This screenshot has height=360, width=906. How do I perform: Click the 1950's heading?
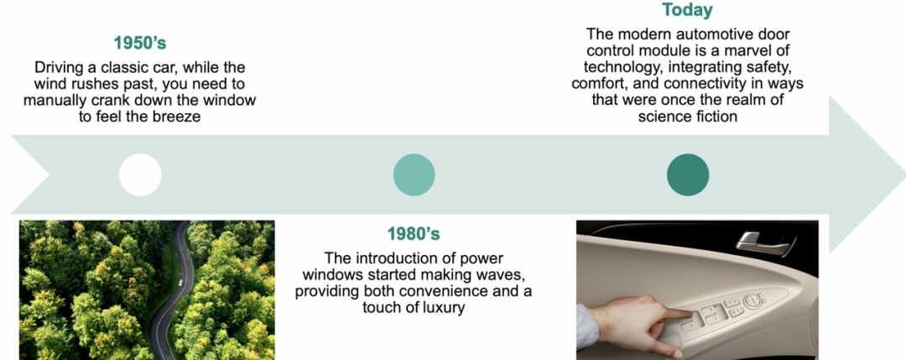(x=140, y=44)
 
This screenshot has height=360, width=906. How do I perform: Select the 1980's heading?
(x=414, y=234)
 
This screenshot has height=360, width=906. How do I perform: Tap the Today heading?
(x=687, y=10)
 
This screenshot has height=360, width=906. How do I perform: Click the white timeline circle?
(x=140, y=175)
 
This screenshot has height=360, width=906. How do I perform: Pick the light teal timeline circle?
(x=414, y=175)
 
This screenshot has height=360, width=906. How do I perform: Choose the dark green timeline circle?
(x=688, y=175)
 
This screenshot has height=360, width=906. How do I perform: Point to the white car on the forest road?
(x=181, y=283)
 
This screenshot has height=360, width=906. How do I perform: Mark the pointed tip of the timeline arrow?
(x=904, y=175)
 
